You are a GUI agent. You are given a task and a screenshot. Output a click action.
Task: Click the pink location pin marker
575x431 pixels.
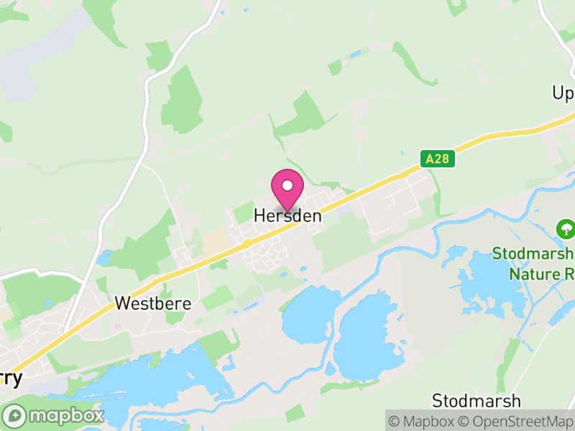[287, 189]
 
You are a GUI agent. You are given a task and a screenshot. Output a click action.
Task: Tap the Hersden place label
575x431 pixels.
[287, 215]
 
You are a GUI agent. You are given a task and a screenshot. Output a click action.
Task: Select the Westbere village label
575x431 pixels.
[153, 304]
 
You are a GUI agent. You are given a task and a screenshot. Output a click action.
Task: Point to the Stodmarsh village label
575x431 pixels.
[477, 401]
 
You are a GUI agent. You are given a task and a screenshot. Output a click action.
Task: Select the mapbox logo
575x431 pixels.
[55, 415]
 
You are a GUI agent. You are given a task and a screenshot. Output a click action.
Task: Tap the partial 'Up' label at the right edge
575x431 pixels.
[563, 93]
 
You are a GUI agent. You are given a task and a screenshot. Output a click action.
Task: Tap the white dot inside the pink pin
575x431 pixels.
[287, 185]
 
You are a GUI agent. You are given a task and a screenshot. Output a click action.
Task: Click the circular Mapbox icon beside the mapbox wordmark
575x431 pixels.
[15, 415]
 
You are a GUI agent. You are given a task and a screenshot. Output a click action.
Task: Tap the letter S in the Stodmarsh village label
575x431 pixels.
[437, 401]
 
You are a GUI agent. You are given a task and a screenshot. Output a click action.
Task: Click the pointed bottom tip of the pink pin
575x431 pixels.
[287, 211]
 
